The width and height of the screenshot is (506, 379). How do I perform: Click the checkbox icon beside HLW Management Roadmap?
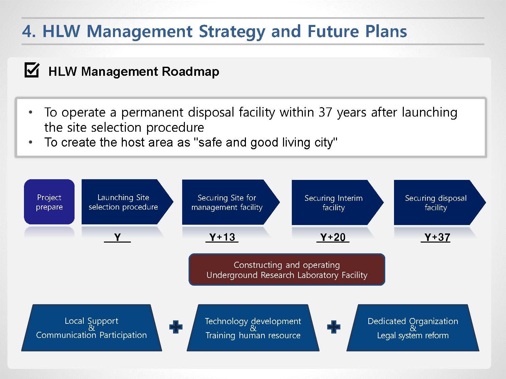(x=32, y=70)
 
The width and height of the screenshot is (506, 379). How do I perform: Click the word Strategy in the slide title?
(x=232, y=32)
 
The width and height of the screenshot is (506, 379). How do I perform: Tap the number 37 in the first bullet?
(x=325, y=113)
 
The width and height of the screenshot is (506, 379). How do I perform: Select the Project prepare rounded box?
(x=49, y=202)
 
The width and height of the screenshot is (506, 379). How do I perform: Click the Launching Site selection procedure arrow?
(x=127, y=202)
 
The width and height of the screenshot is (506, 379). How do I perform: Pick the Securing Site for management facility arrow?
(x=231, y=202)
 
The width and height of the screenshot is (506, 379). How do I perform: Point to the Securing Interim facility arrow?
(x=337, y=202)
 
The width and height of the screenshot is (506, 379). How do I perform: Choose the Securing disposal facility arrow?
(x=440, y=202)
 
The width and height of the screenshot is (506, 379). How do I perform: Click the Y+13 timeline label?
(x=222, y=237)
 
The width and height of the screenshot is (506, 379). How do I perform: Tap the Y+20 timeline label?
(x=333, y=237)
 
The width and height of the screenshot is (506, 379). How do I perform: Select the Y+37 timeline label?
(x=435, y=237)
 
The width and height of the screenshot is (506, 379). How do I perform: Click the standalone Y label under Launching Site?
(x=117, y=237)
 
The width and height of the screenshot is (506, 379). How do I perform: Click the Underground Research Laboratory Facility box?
(x=287, y=270)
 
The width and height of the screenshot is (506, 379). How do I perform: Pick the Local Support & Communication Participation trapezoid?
(x=91, y=328)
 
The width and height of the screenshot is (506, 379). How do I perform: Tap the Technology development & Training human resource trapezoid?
(x=253, y=328)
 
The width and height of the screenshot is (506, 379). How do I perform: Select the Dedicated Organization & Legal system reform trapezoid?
(x=413, y=328)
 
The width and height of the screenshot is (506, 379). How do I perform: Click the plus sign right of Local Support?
(x=176, y=327)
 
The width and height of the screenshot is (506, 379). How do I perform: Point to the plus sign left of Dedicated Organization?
(x=334, y=327)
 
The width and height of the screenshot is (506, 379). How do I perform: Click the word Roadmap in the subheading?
(x=190, y=71)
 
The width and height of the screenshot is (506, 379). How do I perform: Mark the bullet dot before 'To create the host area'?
(x=30, y=142)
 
